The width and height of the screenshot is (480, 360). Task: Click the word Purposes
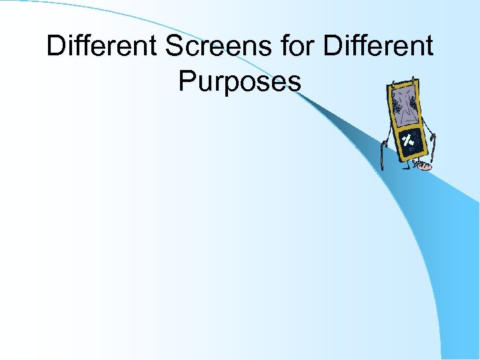(x=240, y=81)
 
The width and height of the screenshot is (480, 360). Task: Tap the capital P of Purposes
(x=186, y=81)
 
